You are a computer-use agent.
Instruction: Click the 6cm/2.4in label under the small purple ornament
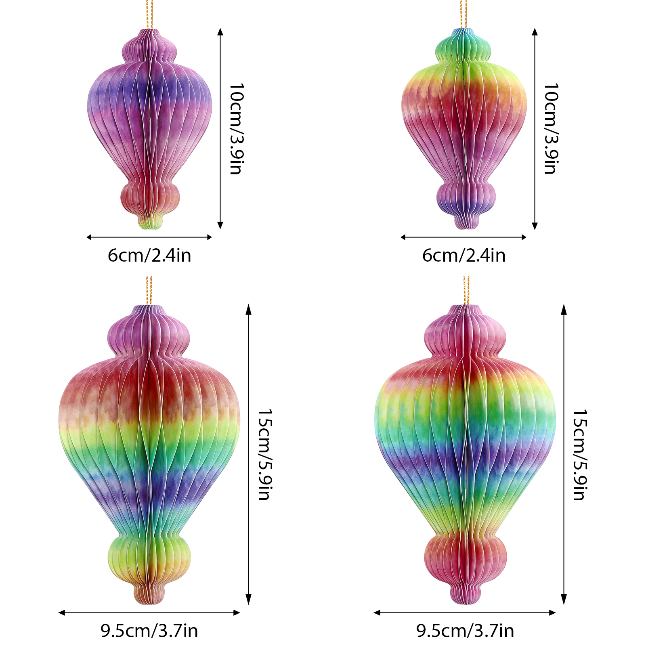click(x=149, y=256)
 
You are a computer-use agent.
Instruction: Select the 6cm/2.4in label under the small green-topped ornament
click(x=464, y=256)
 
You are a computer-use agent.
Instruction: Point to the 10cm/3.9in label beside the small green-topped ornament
click(x=551, y=129)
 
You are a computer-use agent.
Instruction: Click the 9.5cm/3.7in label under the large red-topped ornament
click(x=149, y=631)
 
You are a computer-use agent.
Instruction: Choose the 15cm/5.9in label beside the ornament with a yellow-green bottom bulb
click(x=265, y=455)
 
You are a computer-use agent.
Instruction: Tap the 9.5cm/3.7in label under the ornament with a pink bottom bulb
click(x=465, y=631)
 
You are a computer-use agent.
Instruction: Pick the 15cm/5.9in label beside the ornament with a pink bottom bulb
click(x=580, y=455)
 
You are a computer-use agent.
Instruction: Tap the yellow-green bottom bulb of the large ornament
click(x=149, y=557)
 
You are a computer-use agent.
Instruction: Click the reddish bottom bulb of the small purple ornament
click(x=150, y=198)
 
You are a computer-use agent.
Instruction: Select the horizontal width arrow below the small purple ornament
click(x=149, y=237)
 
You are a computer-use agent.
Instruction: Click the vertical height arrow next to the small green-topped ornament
click(x=535, y=129)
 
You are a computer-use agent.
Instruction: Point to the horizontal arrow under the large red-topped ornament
click(x=149, y=612)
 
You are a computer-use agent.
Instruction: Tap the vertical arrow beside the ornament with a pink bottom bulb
click(x=564, y=455)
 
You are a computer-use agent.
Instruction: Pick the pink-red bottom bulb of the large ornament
click(x=466, y=557)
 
